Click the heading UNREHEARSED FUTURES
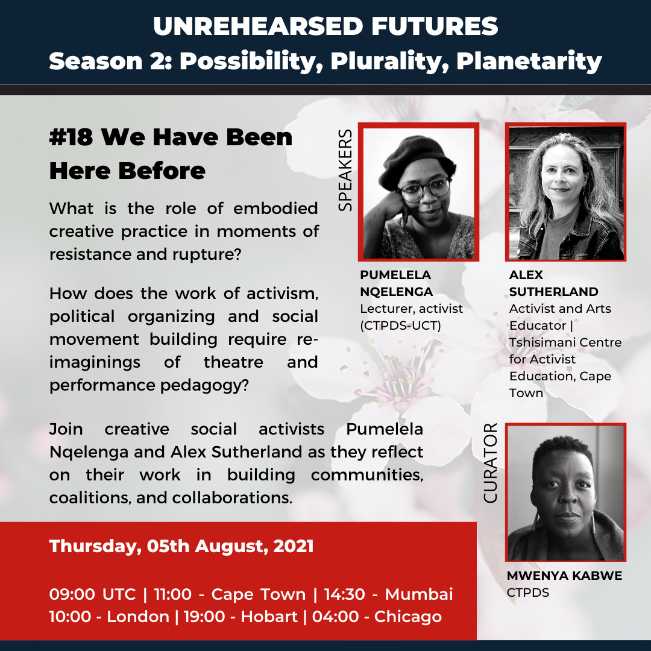pyautogui.click(x=325, y=26)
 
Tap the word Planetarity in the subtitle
pyautogui.click(x=529, y=61)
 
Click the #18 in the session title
pyautogui.click(x=71, y=137)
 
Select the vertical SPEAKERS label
pyautogui.click(x=345, y=170)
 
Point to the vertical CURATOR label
pyautogui.click(x=490, y=463)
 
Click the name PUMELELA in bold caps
pyautogui.click(x=395, y=275)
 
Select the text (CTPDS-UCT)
pyautogui.click(x=400, y=325)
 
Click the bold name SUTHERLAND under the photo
pyautogui.click(x=553, y=292)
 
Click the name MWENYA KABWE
pyautogui.click(x=565, y=576)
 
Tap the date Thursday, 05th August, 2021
pyautogui.click(x=181, y=546)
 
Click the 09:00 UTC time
pyautogui.click(x=92, y=594)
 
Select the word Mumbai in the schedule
pyautogui.click(x=419, y=594)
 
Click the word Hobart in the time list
pyautogui.click(x=269, y=617)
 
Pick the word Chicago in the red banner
pyautogui.click(x=408, y=617)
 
